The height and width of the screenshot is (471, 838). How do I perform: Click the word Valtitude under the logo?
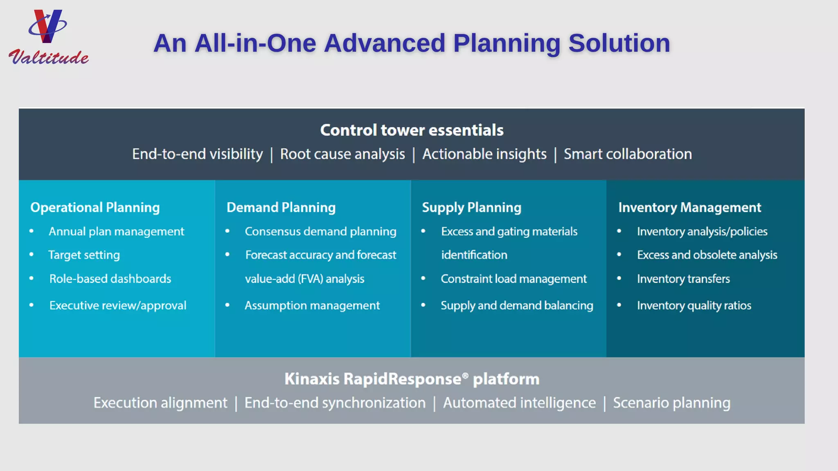tap(49, 57)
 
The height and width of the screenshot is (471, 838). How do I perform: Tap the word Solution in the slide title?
tap(619, 43)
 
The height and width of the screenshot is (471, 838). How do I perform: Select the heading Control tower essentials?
tap(412, 130)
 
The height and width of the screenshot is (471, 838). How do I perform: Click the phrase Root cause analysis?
tap(342, 154)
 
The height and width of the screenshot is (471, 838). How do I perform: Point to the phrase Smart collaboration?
tap(628, 154)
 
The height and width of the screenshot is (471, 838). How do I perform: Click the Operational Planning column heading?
tap(95, 207)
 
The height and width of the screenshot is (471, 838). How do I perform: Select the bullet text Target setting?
tap(84, 255)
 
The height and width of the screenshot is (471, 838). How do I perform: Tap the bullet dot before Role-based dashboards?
tap(32, 278)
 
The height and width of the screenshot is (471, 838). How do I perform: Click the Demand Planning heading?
tap(281, 207)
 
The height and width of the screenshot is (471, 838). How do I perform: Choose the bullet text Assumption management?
tap(312, 305)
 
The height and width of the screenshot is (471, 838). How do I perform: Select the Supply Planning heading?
tap(471, 207)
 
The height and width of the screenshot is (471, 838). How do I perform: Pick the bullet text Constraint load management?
tap(514, 279)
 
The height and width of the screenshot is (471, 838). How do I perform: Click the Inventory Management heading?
tap(689, 207)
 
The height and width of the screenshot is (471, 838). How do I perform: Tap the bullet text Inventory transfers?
tap(683, 279)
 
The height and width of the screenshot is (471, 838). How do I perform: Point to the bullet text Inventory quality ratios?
tap(694, 305)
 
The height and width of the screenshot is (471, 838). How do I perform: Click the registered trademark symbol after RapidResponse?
tap(465, 375)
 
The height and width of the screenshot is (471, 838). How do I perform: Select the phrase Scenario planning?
tap(671, 403)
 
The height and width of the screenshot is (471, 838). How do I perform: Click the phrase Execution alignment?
tap(160, 403)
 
